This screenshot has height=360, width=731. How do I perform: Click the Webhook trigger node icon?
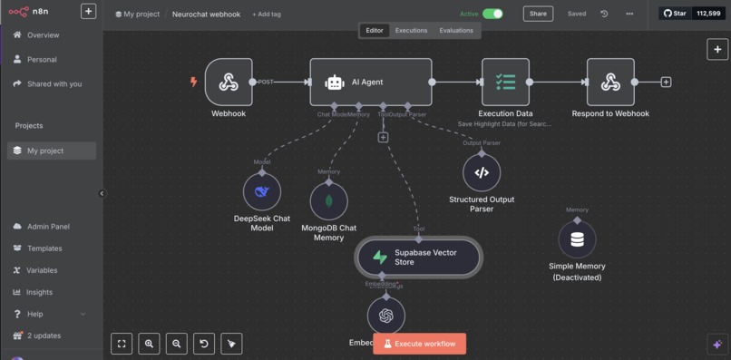tap(229, 83)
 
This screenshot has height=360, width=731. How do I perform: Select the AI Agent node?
tap(370, 83)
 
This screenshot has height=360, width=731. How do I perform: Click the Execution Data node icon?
tap(505, 83)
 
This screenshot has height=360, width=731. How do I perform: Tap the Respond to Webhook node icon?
tap(610, 83)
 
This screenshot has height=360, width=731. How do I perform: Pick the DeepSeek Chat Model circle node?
tap(261, 191)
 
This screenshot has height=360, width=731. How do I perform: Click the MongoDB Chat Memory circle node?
tap(328, 200)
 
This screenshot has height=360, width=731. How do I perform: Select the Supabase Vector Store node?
tap(418, 258)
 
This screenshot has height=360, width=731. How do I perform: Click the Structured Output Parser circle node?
tap(482, 172)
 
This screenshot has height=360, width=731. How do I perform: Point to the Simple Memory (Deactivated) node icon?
tap(577, 240)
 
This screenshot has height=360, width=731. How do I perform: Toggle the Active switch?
tap(492, 14)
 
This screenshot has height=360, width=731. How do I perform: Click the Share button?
tap(538, 14)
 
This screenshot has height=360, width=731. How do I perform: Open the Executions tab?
tap(411, 30)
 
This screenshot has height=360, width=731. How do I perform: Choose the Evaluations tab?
tap(455, 30)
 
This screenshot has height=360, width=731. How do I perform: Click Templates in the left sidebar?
tap(44, 248)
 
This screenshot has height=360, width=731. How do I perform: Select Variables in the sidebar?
tap(42, 270)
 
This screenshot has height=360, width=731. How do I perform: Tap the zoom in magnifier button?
tap(149, 343)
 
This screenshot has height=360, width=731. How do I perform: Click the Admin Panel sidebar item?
tap(48, 226)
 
